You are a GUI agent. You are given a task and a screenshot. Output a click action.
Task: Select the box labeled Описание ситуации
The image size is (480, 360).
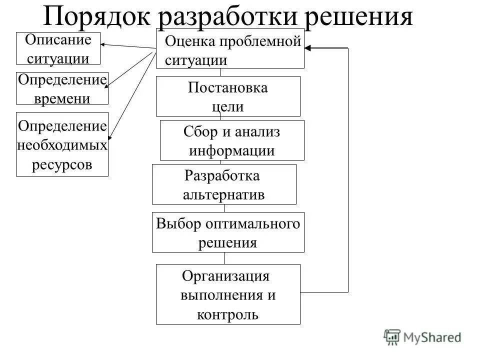pos(58,48)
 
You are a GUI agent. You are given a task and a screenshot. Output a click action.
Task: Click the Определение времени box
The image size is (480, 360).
pos(62,88)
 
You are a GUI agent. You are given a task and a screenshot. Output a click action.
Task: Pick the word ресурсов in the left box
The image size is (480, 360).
pos(62,164)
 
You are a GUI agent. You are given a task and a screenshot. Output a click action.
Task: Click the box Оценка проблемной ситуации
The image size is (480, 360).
pos(230,48)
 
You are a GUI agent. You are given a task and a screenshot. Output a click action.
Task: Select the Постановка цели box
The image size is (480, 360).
pos(228,96)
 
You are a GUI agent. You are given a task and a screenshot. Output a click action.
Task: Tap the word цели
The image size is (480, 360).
pos(228,106)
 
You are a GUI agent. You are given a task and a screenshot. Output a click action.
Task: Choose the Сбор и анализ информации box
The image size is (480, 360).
pos(231,140)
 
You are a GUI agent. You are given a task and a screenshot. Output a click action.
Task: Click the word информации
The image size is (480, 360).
pos(231,150)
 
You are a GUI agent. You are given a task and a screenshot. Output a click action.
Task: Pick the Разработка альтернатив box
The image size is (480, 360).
pos(223,184)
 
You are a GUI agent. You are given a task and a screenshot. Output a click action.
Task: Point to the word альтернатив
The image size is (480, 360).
pos(223,194)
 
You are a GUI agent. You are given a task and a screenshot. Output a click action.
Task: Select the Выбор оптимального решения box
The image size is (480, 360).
pos(228,232)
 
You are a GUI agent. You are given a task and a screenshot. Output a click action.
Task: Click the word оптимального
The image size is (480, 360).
pos(253,223)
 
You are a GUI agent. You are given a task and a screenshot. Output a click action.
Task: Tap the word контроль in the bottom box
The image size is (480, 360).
pos(228,314)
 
